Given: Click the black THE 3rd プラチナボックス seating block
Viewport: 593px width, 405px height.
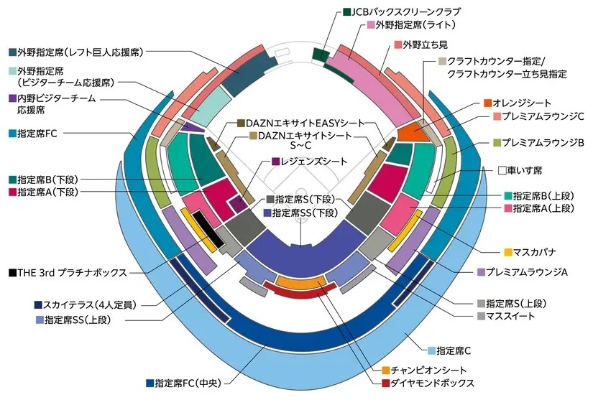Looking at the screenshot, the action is (208, 228).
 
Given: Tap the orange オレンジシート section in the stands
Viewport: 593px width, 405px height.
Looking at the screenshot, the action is (413, 131).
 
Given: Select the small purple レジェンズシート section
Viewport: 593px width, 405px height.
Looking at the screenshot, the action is (239, 204).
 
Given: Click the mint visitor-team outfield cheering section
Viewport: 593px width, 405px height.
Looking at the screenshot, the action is (213, 106).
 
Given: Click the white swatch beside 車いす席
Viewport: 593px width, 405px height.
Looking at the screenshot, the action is (502, 170).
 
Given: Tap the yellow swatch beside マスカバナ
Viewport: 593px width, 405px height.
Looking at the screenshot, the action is (508, 252).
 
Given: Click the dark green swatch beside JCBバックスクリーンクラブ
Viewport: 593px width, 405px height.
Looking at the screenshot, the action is (346, 11).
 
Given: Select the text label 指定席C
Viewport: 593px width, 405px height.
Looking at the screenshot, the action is (454, 350).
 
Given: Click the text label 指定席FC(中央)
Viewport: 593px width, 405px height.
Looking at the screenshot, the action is (188, 383).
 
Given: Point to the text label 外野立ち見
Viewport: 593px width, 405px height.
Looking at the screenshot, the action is (425, 45).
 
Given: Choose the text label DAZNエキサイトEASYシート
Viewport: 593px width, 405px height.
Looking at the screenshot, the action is (305, 124).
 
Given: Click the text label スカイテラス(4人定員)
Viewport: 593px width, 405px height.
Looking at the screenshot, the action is (89, 304).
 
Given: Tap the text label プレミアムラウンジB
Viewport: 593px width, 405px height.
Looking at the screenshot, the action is (543, 142).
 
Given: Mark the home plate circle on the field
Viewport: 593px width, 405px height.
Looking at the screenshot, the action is (301, 192).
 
